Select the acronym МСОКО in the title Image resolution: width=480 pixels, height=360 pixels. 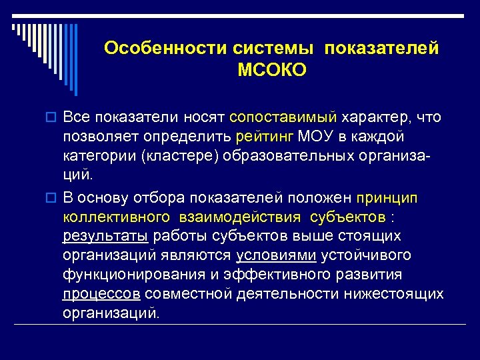pos(271,70)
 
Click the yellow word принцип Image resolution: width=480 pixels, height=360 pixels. pos(387,198)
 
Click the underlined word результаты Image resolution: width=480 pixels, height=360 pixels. pos(106,236)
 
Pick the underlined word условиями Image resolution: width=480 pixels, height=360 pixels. pos(276,255)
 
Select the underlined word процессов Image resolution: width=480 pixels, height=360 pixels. pos(100,294)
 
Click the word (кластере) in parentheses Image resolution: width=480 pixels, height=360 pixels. pos(174,156)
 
